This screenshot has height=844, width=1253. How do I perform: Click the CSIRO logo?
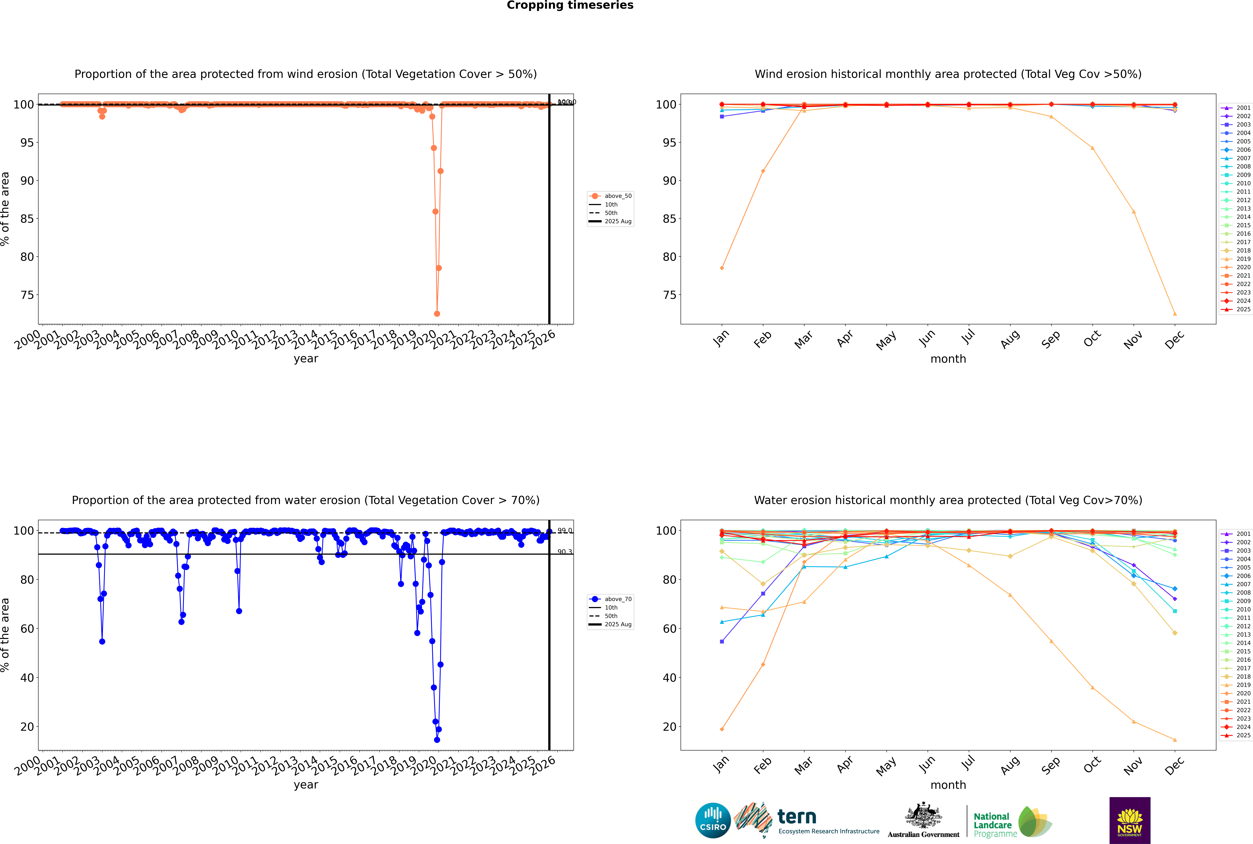click(713, 820)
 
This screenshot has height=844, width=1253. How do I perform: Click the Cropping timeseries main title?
click(570, 5)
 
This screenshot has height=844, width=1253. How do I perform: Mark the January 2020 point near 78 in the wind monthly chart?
click(722, 268)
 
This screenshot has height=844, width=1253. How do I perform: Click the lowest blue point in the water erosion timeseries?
click(437, 740)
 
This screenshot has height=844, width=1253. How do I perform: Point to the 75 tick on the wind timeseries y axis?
click(27, 295)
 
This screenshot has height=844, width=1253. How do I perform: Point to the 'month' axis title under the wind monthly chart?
click(948, 359)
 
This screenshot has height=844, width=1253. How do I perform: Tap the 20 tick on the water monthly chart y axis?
click(670, 727)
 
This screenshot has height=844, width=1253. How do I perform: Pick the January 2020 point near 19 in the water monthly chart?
click(722, 729)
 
